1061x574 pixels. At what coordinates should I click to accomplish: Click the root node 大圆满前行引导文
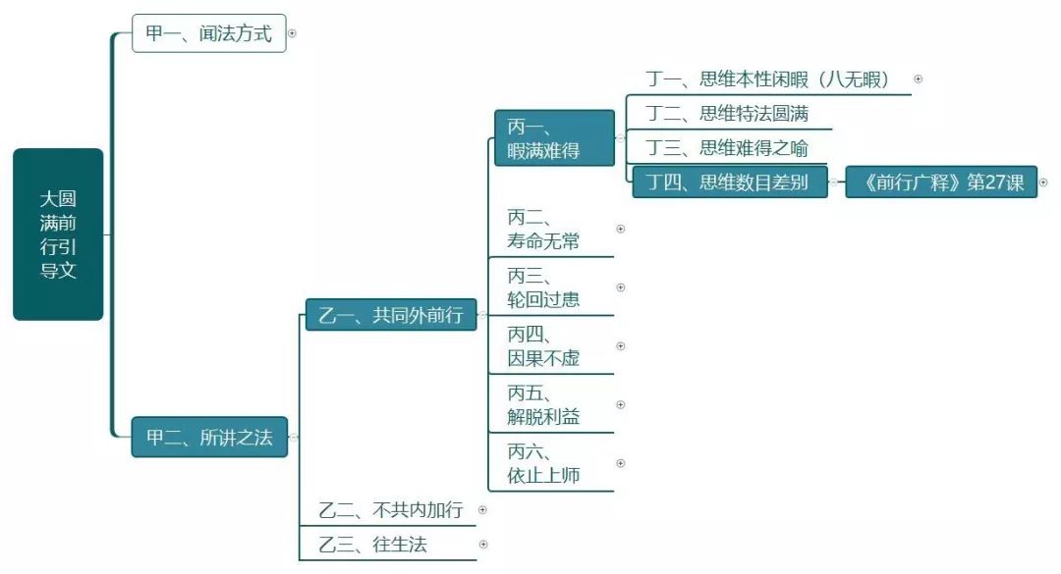(58, 235)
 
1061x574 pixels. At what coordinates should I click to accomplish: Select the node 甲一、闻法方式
(208, 33)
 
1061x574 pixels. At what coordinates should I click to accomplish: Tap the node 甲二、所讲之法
(209, 438)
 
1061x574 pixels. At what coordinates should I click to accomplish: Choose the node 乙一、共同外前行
(390, 315)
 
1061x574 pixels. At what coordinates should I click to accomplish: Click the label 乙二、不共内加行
(390, 510)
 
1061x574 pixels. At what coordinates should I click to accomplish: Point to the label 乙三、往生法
(373, 544)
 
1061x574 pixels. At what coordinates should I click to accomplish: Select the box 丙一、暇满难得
(554, 138)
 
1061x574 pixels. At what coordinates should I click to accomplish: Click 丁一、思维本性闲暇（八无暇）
(768, 79)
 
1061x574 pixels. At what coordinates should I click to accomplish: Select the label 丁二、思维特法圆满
(727, 114)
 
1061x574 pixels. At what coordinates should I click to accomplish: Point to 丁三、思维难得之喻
(727, 148)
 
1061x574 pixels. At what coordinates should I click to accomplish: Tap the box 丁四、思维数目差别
(727, 183)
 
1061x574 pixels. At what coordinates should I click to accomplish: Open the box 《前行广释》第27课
(940, 183)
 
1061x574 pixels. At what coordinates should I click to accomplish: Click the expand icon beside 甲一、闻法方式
(292, 33)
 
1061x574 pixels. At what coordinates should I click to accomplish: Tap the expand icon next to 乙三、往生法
(483, 544)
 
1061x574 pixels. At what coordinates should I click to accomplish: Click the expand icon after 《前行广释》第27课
(1043, 183)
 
